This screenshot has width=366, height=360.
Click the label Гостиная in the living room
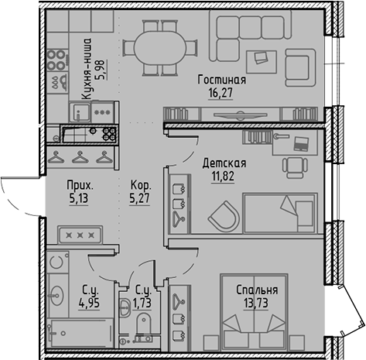[x=221, y=80]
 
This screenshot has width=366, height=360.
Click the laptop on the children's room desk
[x=302, y=142]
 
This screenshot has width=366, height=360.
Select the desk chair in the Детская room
[x=294, y=165]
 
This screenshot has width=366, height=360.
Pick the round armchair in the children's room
[x=224, y=212]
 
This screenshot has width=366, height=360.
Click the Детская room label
[x=224, y=163]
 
